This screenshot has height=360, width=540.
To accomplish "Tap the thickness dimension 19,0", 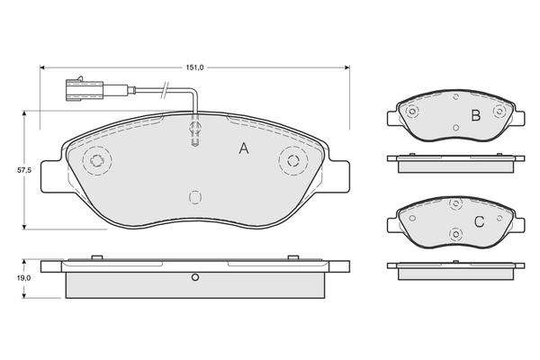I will [11, 278].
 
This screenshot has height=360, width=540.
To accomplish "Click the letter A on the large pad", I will [243, 149].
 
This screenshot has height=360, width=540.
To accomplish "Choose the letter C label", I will [479, 222].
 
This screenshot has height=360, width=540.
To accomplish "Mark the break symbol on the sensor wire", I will [163, 89].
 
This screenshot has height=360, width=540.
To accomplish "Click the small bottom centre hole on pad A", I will [193, 197].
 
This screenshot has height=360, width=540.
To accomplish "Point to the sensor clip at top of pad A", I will [194, 133].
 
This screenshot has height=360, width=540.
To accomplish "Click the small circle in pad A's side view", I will [193, 277].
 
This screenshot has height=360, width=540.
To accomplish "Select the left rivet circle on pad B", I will [413, 113].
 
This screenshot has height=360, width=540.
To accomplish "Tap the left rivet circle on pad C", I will [413, 220].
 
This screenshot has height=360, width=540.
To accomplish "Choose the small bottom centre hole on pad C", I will [456, 236].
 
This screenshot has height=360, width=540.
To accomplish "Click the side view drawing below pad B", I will [455, 159].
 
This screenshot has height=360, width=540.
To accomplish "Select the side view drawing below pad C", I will [455, 267].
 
